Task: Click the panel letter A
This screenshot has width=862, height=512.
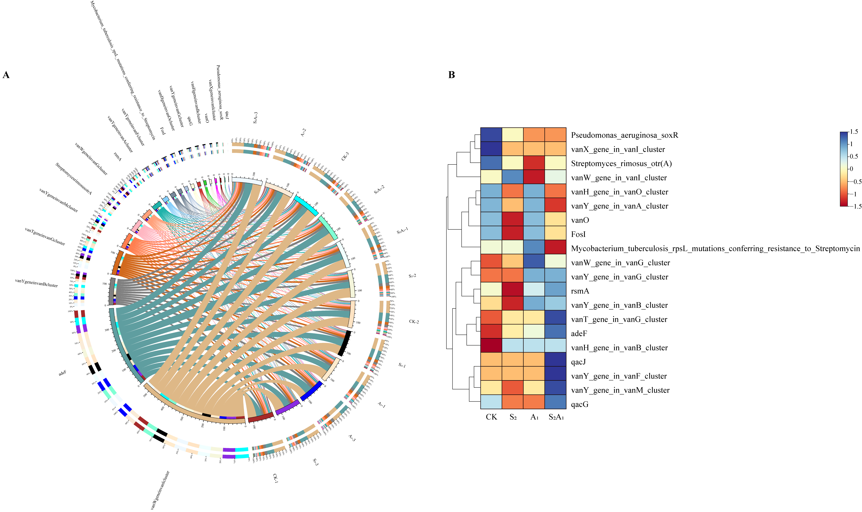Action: [x=6, y=75]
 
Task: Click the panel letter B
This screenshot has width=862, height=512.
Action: [x=451, y=75]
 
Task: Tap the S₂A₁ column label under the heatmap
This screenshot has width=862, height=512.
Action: [x=556, y=417]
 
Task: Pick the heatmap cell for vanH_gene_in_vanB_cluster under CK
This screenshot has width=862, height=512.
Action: [x=491, y=348]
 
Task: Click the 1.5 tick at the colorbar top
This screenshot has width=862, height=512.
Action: [x=854, y=132]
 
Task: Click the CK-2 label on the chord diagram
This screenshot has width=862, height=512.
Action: [x=414, y=321]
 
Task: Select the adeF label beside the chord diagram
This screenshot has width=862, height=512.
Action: [x=62, y=373]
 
